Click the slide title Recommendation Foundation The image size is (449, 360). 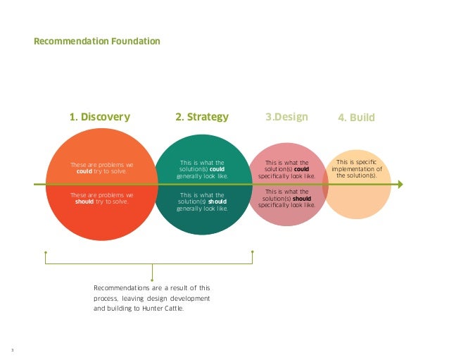point(97,42)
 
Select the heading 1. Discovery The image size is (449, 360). point(99,117)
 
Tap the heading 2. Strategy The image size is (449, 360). point(202,117)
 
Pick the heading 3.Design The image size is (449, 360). point(286,117)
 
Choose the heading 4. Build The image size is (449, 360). point(357,118)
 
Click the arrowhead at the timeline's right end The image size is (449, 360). point(400,185)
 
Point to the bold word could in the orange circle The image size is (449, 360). point(84,170)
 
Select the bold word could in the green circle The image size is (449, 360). point(217,169)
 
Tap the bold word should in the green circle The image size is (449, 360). point(217,201)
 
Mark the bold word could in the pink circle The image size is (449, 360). point(301,169)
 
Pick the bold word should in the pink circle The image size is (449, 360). point(303,199)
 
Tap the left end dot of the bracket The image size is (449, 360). point(45,252)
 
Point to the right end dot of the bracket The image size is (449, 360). point(252,252)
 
